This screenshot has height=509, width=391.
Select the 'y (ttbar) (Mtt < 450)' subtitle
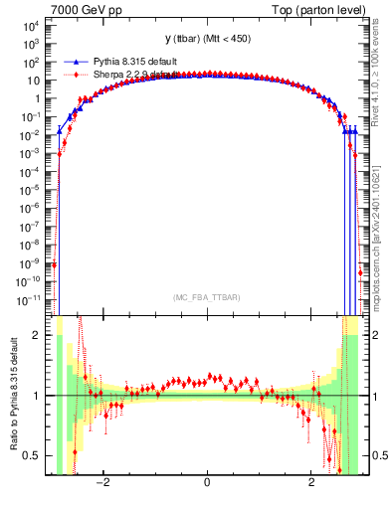coord(206,40)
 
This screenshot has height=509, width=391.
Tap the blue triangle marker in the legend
coord(77,63)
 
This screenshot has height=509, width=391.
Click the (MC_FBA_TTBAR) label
coord(206,297)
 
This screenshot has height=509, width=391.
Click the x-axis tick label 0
coord(206,484)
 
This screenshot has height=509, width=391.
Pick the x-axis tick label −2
coord(100,484)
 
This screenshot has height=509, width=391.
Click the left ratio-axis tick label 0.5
coord(32,455)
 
